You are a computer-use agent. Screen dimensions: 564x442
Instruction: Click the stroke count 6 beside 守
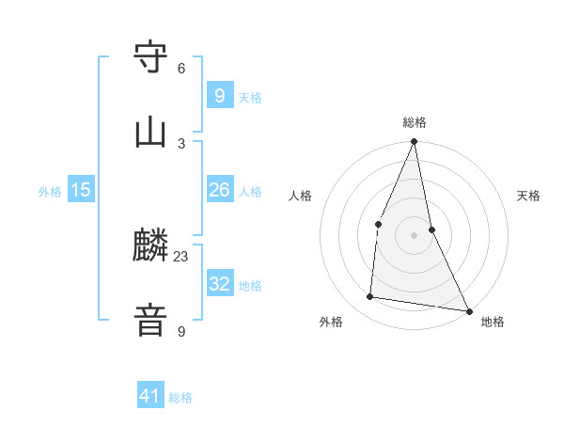coord(181,69)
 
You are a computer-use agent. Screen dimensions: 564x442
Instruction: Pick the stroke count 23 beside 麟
coord(181,257)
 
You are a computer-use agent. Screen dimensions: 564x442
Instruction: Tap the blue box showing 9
coord(219,95)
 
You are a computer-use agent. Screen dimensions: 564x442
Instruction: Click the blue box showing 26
coord(219,190)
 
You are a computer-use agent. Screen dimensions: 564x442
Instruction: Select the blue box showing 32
coord(219,283)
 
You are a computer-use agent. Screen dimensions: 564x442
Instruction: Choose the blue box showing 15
coord(81,190)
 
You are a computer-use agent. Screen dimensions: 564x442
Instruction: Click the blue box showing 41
coord(150,396)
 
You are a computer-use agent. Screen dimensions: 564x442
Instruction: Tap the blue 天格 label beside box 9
coord(250,97)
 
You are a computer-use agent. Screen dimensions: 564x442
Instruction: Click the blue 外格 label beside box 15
coord(50,191)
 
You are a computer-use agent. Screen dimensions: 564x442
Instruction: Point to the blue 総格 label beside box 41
coord(180,398)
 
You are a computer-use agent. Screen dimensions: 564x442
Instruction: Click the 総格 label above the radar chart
coord(415,122)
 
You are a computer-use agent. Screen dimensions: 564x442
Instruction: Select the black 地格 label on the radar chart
coord(493,322)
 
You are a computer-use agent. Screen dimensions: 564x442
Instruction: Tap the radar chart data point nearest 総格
coord(415,142)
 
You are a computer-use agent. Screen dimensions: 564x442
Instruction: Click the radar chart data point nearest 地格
coord(468,310)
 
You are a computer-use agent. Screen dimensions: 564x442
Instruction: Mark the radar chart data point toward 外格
coord(370,297)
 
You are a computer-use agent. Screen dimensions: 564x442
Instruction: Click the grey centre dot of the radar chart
coord(415,234)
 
